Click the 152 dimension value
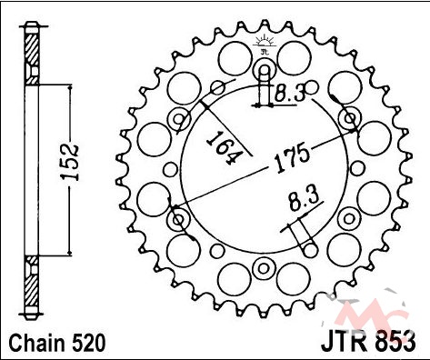click(70, 163)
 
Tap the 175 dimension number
click(293, 159)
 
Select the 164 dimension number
click(225, 147)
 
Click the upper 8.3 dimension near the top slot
click(289, 93)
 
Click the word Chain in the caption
click(37, 343)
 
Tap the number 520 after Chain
click(88, 343)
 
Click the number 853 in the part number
click(395, 342)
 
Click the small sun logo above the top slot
click(265, 44)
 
